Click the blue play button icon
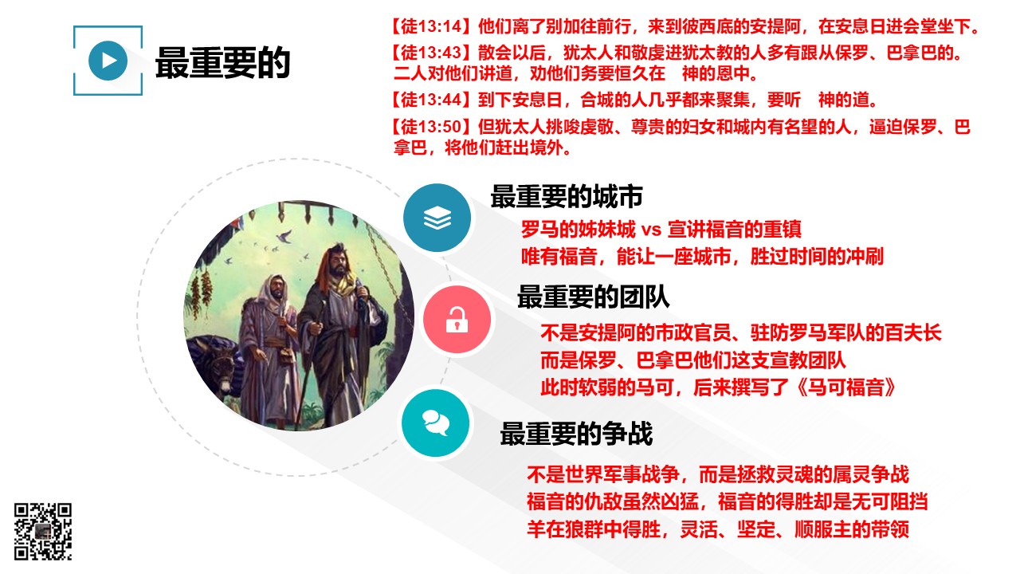[108, 61]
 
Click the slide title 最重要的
[222, 63]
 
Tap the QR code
[43, 531]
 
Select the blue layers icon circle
[437, 218]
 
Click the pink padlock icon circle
[457, 320]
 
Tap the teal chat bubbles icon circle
[436, 423]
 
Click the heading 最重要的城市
[567, 197]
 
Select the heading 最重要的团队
[594, 297]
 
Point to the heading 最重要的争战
[576, 433]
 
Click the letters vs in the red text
[651, 230]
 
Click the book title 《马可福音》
[846, 387]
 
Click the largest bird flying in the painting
[284, 236]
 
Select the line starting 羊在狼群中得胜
[718, 529]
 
